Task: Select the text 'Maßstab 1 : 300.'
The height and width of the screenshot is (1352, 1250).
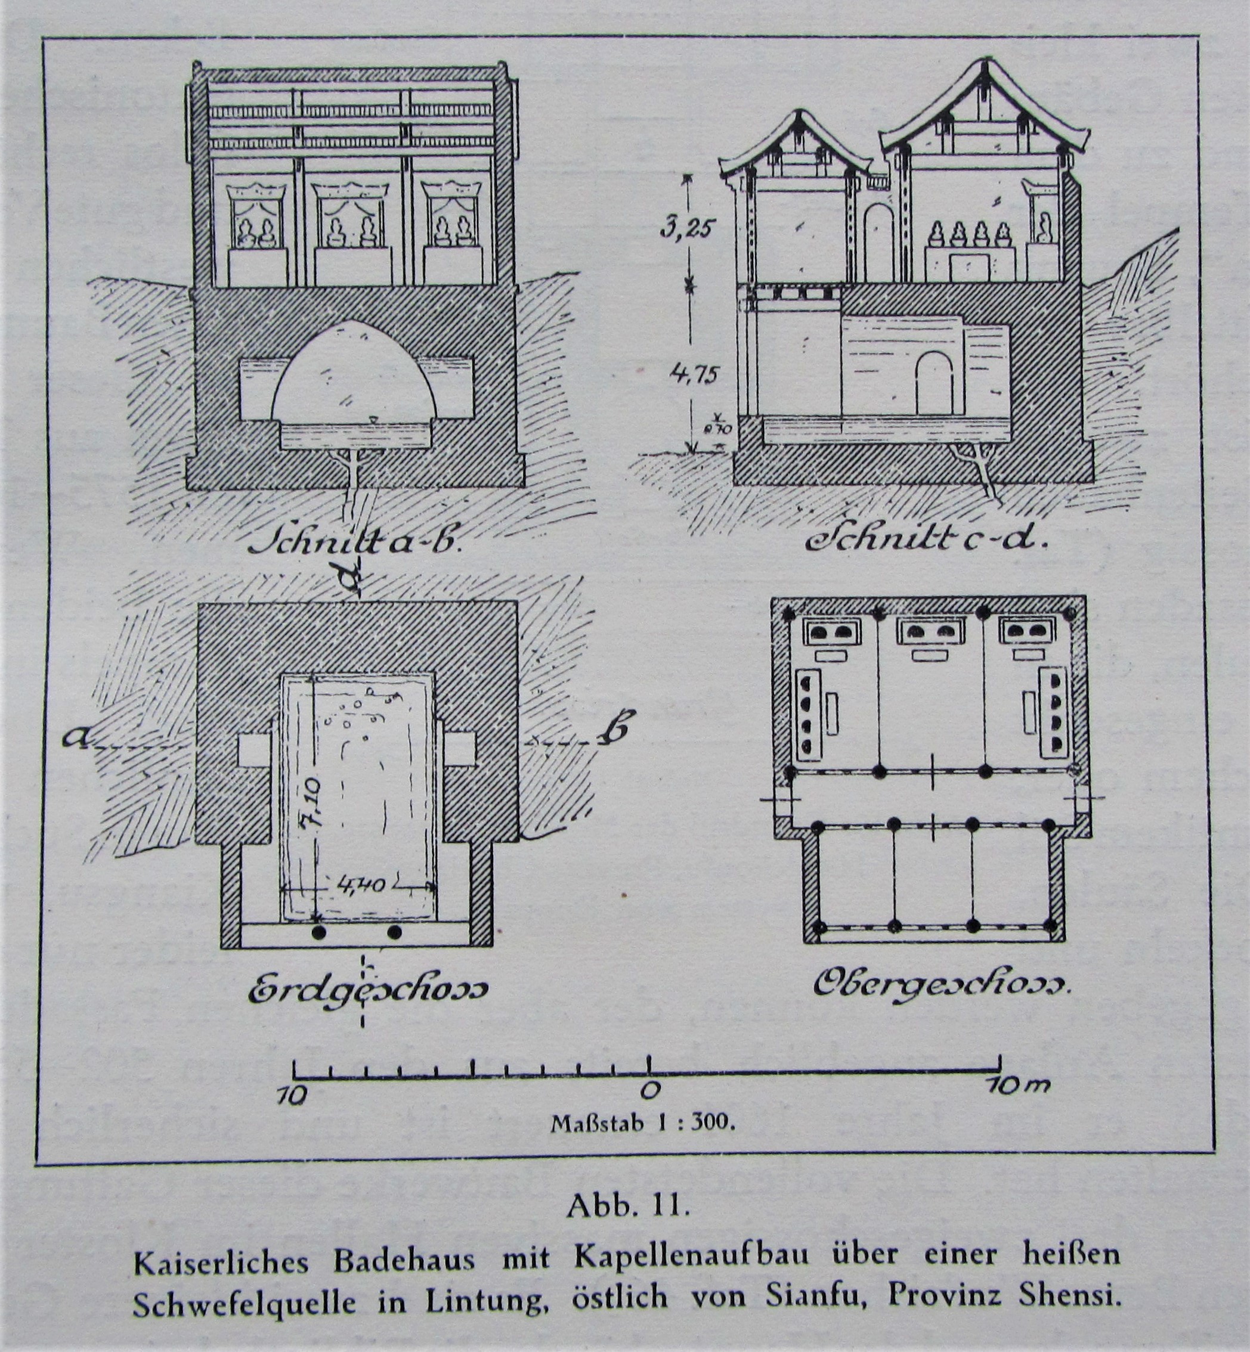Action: [641, 1125]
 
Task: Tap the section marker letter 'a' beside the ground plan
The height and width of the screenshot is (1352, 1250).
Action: [75, 741]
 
